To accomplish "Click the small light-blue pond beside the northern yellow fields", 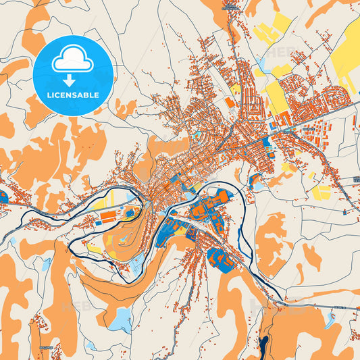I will [x=259, y=70].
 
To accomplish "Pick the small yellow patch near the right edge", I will [x=322, y=192].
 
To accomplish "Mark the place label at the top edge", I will [x=230, y=8].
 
